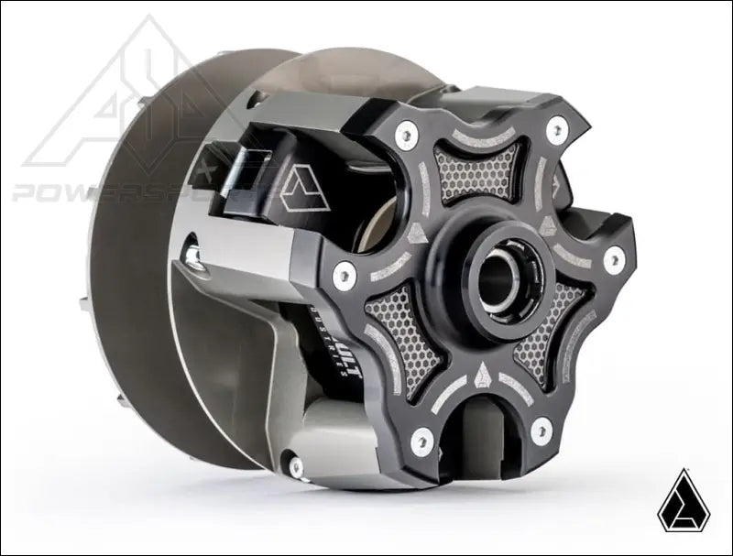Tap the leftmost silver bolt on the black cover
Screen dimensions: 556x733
(345, 270)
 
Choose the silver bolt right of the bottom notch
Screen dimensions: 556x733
(542, 426)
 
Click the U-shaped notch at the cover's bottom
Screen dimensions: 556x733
(482, 449)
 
